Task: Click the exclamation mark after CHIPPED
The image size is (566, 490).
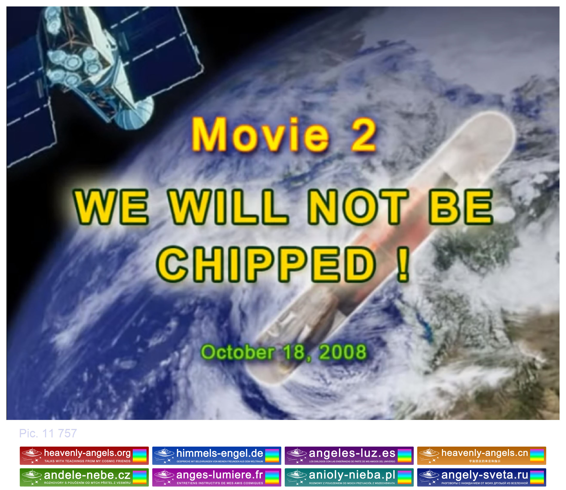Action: click(403, 264)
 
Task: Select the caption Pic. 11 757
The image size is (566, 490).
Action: click(48, 433)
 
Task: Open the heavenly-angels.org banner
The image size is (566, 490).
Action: click(84, 456)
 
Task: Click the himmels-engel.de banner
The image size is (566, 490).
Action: click(217, 456)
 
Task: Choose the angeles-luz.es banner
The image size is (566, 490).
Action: click(349, 456)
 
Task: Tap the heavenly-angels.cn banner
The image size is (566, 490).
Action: click(481, 456)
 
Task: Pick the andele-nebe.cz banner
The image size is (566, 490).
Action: click(84, 477)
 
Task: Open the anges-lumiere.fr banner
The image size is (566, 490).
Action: click(217, 477)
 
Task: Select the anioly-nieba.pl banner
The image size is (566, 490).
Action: click(349, 477)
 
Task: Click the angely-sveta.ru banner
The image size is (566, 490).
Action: click(481, 477)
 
